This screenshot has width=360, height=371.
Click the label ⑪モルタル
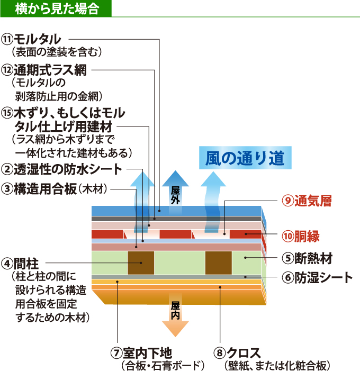point(32,39)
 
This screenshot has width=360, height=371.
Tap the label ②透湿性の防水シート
point(61,169)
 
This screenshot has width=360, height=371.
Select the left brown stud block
point(140,263)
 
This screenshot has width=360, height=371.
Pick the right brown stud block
point(218,263)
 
